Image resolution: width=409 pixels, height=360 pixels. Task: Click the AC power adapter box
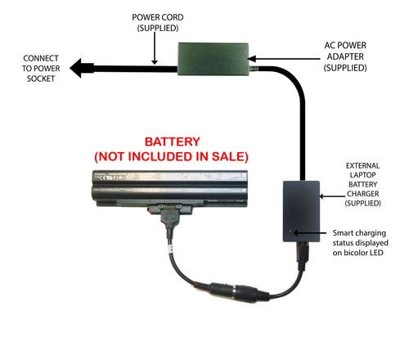213,59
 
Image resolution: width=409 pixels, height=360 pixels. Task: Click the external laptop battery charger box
301,211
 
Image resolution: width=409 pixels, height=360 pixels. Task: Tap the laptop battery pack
169,189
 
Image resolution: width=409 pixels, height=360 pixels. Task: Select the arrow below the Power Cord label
155,48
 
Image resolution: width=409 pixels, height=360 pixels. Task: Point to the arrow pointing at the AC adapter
284,59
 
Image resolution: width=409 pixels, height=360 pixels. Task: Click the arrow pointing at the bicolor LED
310,233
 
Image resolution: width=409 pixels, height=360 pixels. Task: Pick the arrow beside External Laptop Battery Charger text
332,196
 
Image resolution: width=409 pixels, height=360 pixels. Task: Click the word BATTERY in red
172,142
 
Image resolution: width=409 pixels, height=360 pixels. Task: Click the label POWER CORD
158,17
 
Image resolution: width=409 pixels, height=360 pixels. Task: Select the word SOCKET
41,79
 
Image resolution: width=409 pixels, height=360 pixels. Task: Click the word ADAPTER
345,56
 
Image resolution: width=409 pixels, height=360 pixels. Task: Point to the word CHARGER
362,194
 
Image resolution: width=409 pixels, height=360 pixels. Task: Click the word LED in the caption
376,253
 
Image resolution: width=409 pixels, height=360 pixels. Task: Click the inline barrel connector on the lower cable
234,293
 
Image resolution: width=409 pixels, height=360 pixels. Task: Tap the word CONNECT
41,58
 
